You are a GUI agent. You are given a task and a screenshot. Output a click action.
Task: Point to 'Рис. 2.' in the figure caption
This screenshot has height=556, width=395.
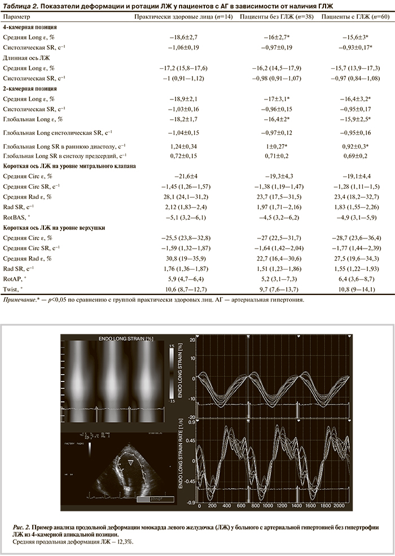pyautogui.click(x=22, y=526)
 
